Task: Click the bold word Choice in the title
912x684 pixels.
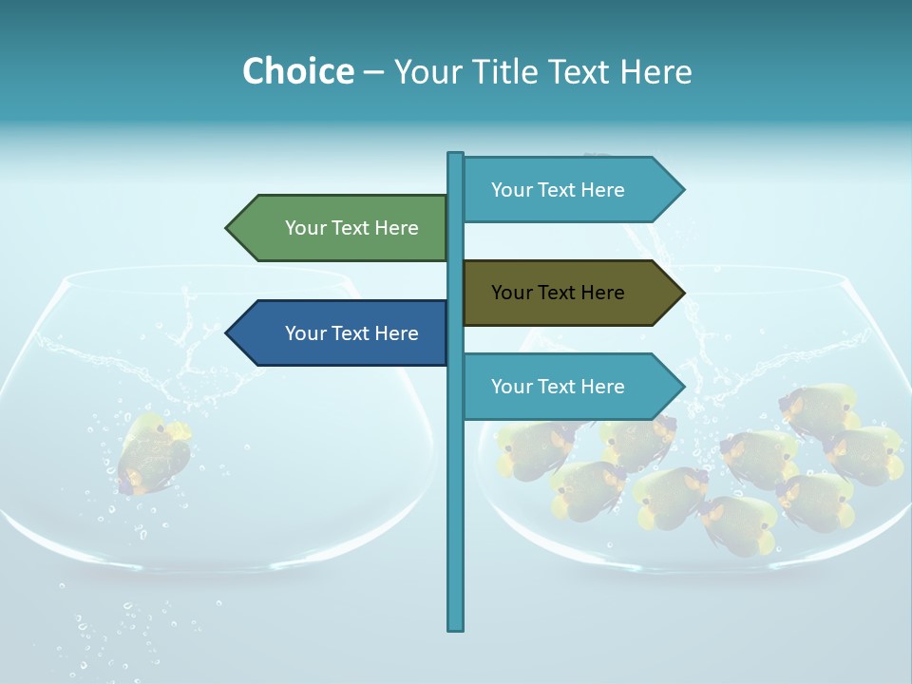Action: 297,71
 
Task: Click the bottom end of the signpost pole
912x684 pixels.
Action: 456,627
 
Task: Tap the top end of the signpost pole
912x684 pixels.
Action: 456,155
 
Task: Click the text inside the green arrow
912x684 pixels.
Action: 351,228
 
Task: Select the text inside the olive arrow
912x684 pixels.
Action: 558,293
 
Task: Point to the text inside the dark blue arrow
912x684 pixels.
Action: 351,333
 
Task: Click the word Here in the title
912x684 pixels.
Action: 655,71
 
